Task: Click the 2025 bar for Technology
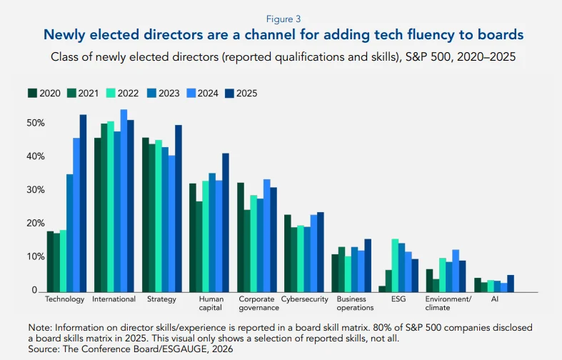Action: point(83,203)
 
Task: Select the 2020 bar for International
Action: point(98,214)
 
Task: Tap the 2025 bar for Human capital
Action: point(226,222)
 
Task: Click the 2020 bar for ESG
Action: point(383,289)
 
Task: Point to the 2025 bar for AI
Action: point(511,283)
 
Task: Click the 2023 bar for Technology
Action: point(70,233)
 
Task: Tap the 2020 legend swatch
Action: point(32,93)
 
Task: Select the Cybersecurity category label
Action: point(306,299)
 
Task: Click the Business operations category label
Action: point(355,304)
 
